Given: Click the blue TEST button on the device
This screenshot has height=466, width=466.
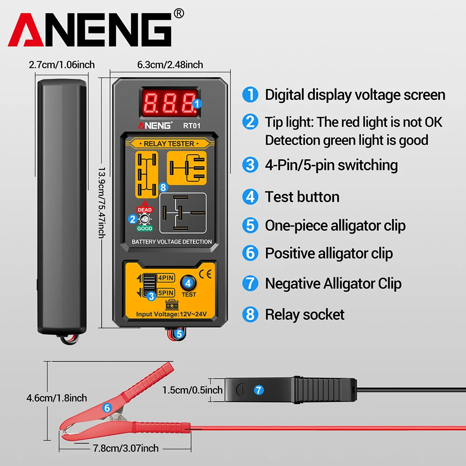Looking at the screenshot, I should tap(188, 282).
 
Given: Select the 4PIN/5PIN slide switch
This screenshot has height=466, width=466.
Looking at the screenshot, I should tap(150, 285).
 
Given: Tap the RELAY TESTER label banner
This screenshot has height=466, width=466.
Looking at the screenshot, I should tap(169, 144).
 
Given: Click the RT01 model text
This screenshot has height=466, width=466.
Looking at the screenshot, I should tap(191, 125).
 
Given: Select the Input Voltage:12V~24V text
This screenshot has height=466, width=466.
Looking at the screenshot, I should tap(171, 315).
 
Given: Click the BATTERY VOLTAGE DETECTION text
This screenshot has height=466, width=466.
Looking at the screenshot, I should tap(171, 242).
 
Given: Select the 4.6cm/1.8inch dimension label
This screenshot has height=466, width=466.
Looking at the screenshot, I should tap(56, 398).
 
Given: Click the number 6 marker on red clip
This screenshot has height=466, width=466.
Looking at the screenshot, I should tap(107, 408).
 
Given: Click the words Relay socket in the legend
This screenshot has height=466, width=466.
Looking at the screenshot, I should tap(304, 315).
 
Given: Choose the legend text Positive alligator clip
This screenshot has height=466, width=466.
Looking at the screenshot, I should tap(329, 254).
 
